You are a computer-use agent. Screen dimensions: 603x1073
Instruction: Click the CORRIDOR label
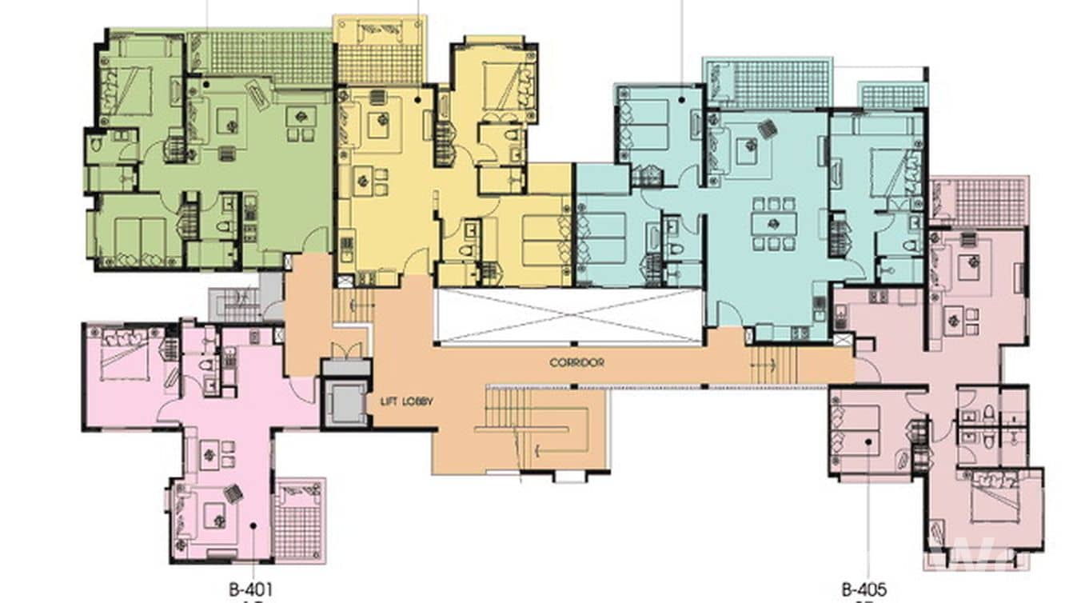[576, 362]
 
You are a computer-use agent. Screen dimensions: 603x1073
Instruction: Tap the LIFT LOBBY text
[407, 401]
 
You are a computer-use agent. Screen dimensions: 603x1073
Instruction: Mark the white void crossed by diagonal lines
[568, 317]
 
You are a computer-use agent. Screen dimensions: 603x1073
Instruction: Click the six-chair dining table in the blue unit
[773, 223]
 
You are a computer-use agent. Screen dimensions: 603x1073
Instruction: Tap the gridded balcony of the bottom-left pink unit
[298, 521]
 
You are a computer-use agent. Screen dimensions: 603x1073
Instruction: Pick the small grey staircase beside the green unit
[236, 305]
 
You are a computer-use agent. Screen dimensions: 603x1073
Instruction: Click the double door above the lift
[345, 350]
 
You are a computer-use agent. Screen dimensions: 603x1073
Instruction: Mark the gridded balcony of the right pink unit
[990, 202]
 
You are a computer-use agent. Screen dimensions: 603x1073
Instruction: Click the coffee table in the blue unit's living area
[747, 150]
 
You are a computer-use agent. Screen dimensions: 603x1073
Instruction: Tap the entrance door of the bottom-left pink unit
[304, 387]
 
